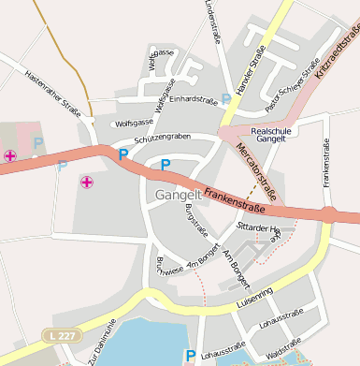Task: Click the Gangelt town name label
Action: click(166, 194)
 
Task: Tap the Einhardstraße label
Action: click(194, 99)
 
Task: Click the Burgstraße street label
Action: click(195, 219)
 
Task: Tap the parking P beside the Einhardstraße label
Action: click(225, 98)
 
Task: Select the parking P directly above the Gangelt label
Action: click(166, 166)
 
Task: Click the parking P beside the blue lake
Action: click(191, 356)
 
